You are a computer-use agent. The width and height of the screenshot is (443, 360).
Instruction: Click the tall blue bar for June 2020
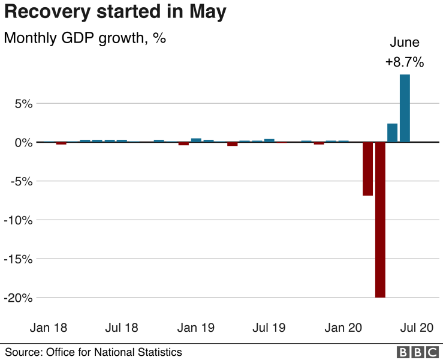405,108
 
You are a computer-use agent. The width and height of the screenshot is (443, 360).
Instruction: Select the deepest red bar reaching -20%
380,220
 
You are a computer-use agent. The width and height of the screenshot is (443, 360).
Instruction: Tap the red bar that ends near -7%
367,169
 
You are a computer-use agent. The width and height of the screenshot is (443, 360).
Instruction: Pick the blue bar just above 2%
393,133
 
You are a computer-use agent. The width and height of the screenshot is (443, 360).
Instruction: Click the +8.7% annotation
405,62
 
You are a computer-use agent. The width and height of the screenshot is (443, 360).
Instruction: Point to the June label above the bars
405,43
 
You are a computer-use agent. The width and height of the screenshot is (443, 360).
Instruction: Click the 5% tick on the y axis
23,103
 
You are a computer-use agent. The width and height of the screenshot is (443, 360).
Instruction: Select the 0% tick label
23,142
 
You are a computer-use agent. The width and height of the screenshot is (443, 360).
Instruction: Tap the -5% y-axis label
21,181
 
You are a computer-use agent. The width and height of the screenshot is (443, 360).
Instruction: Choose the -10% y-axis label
19,220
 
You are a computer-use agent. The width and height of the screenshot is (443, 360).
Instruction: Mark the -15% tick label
19,259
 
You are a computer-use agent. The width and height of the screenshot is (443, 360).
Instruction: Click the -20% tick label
19,298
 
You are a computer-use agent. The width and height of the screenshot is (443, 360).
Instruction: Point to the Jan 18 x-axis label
49,328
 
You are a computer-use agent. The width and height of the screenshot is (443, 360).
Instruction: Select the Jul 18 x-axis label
122,328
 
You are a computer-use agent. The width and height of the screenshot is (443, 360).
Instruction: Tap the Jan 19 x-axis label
196,328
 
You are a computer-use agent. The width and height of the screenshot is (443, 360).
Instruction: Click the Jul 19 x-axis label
269,328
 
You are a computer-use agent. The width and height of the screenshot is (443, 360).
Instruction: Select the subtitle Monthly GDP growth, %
85,38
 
